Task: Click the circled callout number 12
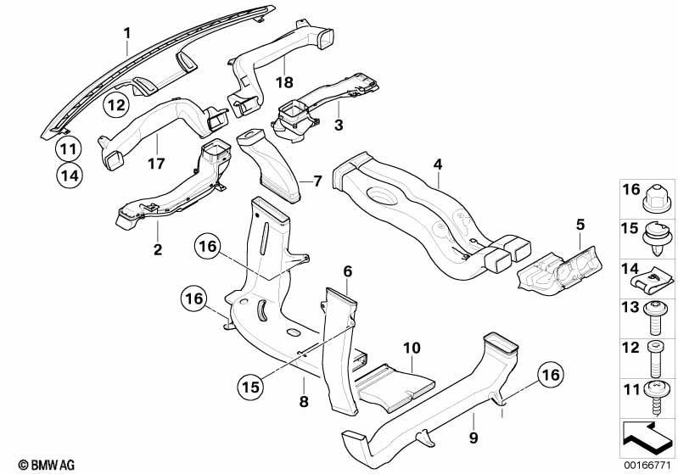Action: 116,105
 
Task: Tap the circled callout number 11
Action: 69,149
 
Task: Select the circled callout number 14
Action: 70,176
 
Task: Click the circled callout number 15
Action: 250,387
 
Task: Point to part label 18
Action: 284,82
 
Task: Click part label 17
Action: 156,164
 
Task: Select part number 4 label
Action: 438,165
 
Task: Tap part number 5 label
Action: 580,225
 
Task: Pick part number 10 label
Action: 412,348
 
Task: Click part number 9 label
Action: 473,438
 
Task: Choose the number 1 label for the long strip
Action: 127,33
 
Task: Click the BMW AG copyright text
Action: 47,465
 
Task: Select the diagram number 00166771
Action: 647,465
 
